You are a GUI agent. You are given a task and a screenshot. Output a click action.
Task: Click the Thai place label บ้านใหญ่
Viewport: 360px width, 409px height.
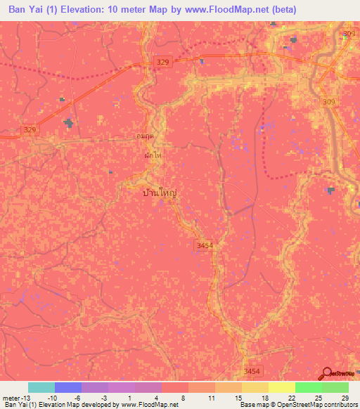pos(158,190)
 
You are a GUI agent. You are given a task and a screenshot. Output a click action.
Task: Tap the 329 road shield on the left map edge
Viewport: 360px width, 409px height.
pos(30,129)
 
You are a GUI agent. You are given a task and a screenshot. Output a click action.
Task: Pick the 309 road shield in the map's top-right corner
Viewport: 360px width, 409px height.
pos(349,34)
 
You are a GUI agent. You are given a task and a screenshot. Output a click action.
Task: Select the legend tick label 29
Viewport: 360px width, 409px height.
pos(345,398)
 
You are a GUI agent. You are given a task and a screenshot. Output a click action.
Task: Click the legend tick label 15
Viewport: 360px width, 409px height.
pos(239,398)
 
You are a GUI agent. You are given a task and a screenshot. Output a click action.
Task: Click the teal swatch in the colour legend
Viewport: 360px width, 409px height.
pos(41,387)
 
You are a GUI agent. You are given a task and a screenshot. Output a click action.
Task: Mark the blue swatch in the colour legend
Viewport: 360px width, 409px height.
pos(68,387)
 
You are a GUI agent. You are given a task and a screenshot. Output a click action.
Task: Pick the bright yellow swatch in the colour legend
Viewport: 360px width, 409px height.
pos(282,387)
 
